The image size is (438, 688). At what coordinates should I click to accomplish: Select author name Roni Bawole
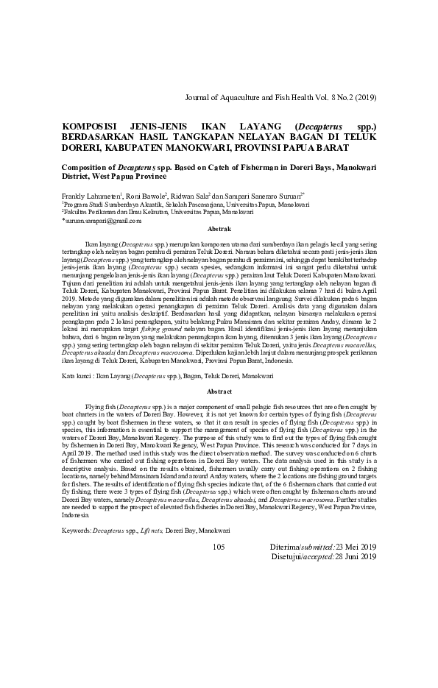tap(145, 197)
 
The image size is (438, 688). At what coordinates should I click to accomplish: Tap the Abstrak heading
tap(219, 230)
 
